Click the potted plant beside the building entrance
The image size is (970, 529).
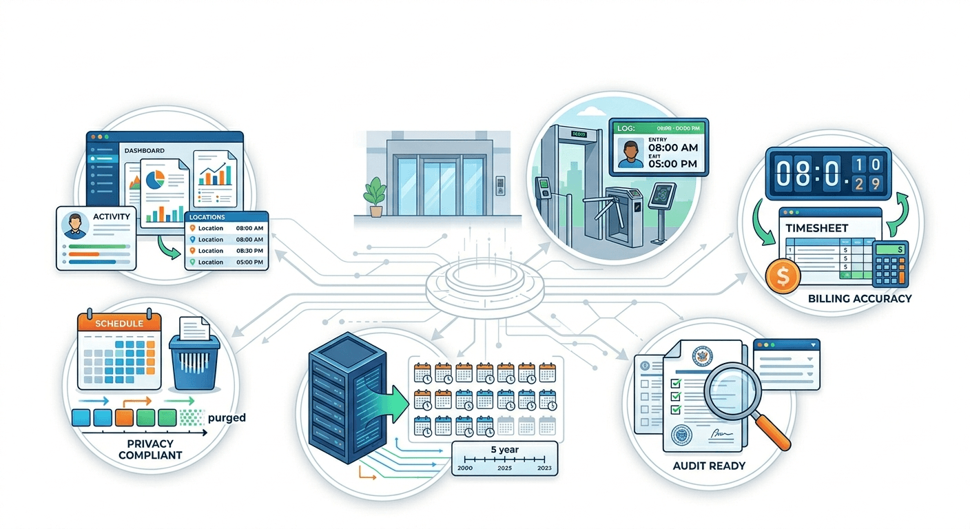[x=376, y=196]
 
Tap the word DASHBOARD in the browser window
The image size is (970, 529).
[x=145, y=150]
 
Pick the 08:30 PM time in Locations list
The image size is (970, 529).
[x=249, y=251]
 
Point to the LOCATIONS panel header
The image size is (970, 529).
[x=207, y=217]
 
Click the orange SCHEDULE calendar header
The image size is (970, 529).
[x=119, y=323]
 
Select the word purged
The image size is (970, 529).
[x=226, y=417]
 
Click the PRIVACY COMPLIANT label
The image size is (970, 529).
[x=150, y=449]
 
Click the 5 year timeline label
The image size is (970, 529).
[x=504, y=450]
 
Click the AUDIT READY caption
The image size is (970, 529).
[x=709, y=466]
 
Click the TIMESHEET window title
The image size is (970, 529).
[x=818, y=228]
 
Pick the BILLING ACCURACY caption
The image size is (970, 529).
[x=860, y=299]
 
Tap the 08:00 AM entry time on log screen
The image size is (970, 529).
[x=673, y=147]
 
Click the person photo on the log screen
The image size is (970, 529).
[x=630, y=154]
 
